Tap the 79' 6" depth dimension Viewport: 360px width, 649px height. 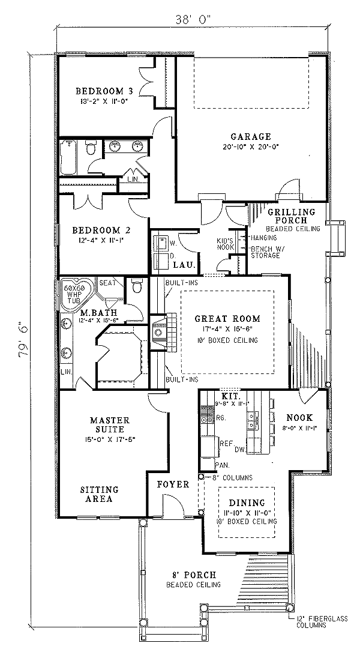(x=23, y=339)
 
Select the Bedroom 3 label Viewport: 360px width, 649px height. (x=104, y=91)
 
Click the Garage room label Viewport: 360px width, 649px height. (x=250, y=136)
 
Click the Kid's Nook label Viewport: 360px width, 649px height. (x=224, y=244)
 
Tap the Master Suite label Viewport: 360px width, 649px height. (x=107, y=424)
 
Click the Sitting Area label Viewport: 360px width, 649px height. (x=98, y=494)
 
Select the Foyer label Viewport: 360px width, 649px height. (x=173, y=484)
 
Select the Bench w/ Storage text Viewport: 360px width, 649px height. (x=266, y=252)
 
